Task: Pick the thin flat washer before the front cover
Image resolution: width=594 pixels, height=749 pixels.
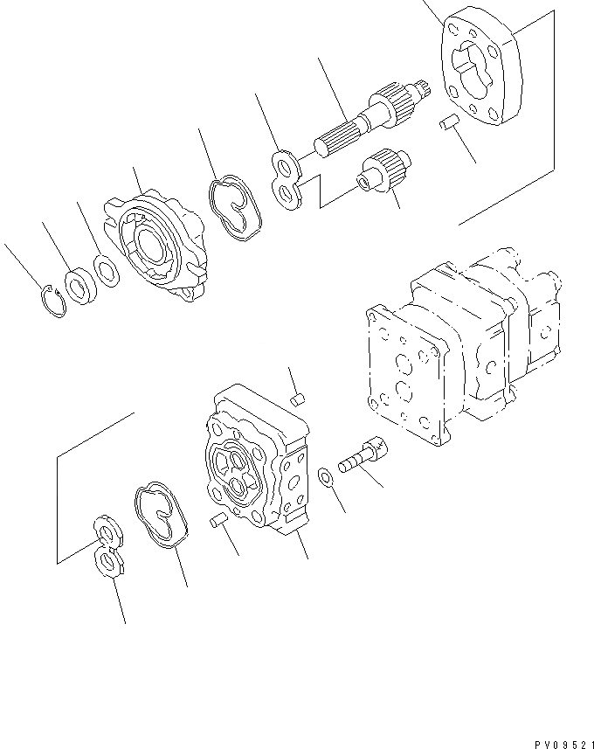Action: click(x=107, y=273)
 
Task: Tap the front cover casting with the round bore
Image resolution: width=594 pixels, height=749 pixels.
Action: click(x=155, y=246)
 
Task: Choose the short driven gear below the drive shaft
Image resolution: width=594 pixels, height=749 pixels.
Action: click(x=384, y=172)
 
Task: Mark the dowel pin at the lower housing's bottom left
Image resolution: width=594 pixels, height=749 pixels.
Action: click(x=220, y=522)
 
